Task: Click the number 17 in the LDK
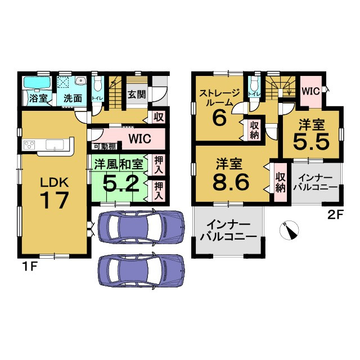[x=55, y=200]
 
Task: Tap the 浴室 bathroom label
[x=38, y=98]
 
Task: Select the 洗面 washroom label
[x=73, y=98]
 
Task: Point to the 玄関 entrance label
[x=137, y=94]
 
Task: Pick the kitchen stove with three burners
[x=29, y=145]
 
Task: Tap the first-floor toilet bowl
[x=98, y=84]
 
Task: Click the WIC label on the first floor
[x=139, y=139]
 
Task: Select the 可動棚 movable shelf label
[x=105, y=146]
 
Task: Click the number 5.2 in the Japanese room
[x=121, y=183]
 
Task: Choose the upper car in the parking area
[x=141, y=226]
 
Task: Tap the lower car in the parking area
[x=141, y=270]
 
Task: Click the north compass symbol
[x=289, y=230]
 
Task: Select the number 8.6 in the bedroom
[x=231, y=182]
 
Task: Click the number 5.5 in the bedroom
[x=311, y=141]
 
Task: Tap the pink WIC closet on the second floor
[x=311, y=91]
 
